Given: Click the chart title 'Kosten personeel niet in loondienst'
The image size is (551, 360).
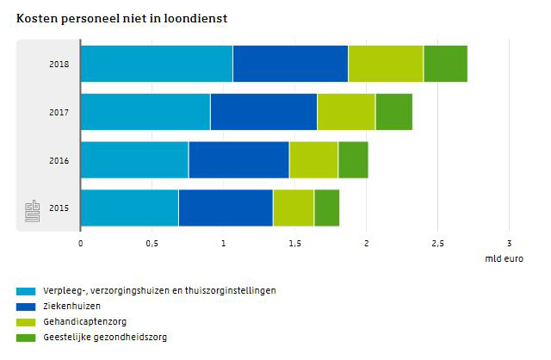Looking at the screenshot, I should coord(121,17).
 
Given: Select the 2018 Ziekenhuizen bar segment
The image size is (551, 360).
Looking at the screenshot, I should coord(290,64).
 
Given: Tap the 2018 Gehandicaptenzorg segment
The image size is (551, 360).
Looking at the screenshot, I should coord(386,64).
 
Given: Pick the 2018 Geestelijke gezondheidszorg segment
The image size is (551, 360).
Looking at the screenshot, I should coord(445,64).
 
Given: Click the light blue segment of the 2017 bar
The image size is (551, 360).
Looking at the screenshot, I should coord(145,112).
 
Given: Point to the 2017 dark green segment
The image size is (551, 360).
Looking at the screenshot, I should coord(393,112).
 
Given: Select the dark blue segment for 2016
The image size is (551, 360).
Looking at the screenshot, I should coord(238,160).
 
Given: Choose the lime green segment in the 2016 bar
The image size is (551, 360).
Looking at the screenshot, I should coord(313,160).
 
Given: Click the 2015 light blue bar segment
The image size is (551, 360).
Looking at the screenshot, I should coord(129,208).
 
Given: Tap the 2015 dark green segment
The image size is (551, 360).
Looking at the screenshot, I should coord(326,208).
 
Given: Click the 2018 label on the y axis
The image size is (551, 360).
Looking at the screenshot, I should coord(59,64).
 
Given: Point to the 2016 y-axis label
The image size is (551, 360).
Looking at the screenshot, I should coord(59,160).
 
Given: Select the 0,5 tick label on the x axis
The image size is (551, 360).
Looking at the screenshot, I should coord(152,243).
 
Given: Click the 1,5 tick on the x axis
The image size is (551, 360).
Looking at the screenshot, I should coord(294,243).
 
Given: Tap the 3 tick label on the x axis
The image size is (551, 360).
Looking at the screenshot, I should coord(509,243).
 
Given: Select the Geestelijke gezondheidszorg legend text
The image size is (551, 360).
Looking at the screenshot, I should coord(105,338).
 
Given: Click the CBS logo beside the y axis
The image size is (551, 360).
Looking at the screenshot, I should coord(32,210).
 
